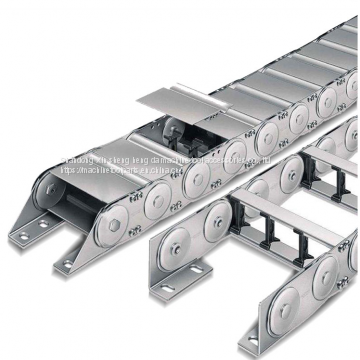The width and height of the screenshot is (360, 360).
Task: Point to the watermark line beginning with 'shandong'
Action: tap(150, 158)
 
